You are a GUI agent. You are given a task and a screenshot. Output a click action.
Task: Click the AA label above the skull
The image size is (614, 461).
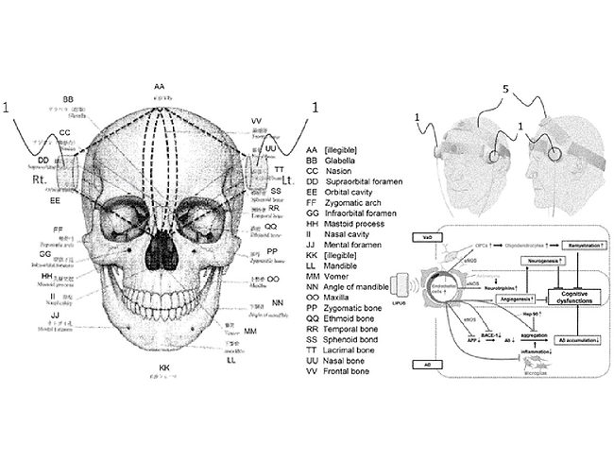[x=159, y=87]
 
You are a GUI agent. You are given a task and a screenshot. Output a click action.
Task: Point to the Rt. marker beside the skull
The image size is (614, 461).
[x=40, y=178]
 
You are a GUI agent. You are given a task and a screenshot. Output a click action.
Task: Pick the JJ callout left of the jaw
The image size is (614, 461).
[x=56, y=315]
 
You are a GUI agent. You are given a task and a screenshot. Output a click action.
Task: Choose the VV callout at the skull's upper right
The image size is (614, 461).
[x=256, y=121]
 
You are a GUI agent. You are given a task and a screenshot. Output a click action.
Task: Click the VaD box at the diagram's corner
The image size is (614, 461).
[x=428, y=232]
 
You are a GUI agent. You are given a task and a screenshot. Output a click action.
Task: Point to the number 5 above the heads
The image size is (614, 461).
[x=506, y=90]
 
